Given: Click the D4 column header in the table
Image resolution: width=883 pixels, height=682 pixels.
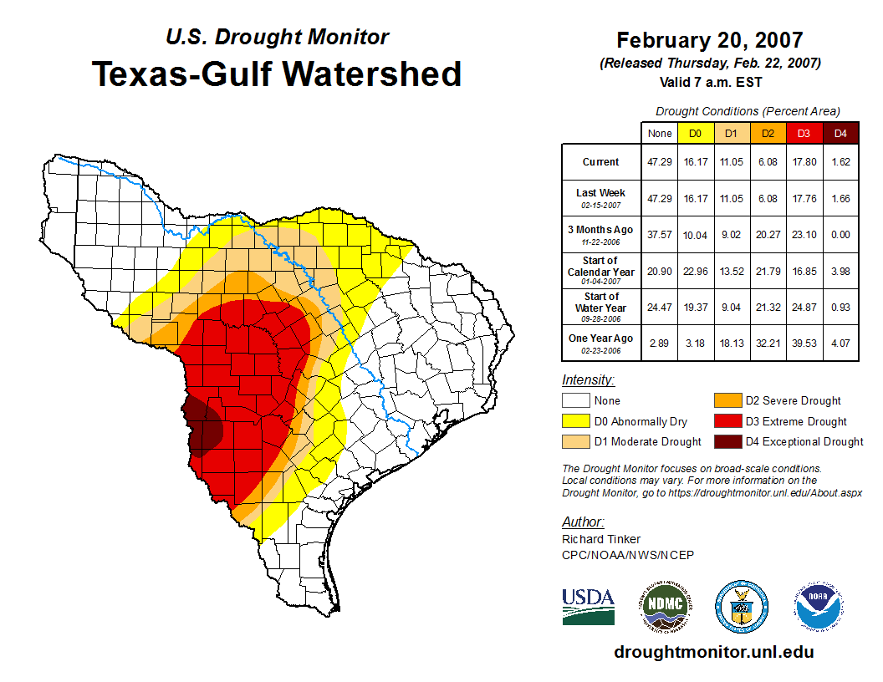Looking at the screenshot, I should point(840,133).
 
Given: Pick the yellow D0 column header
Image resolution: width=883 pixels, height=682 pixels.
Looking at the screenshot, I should point(695,133).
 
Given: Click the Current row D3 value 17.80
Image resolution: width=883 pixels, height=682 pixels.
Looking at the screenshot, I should point(804,162).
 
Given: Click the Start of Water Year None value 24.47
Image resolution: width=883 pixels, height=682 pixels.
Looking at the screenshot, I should point(660,307).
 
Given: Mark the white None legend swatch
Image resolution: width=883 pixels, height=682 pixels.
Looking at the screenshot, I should point(575,400).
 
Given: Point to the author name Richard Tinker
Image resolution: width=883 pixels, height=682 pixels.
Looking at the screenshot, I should point(602,539).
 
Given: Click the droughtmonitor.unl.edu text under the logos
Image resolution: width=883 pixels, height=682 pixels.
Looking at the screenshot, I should point(713,652).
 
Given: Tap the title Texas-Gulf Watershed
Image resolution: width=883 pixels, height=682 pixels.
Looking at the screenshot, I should point(277,74).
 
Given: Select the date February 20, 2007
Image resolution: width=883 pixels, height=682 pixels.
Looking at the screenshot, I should point(710,40).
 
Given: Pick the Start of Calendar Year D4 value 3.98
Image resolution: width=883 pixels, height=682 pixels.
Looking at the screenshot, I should point(840,271).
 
